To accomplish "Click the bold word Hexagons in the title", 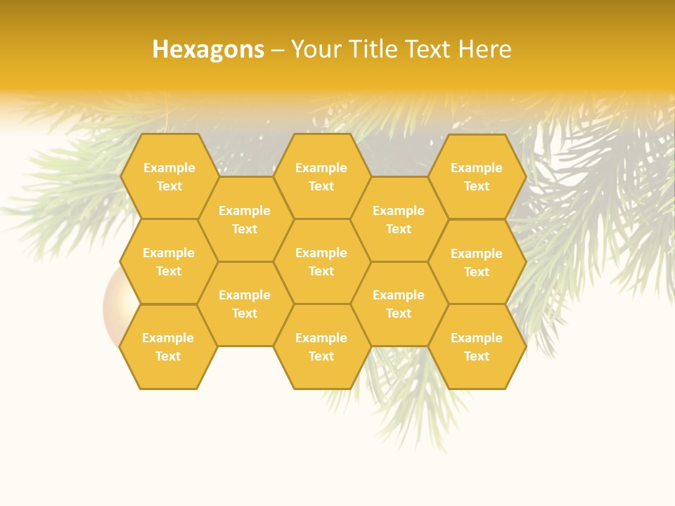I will [208, 49].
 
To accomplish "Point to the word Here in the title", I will [485, 49].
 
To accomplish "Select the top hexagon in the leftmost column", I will [169, 176].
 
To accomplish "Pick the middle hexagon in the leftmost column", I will [169, 261].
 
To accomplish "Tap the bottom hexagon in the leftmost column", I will [168, 346].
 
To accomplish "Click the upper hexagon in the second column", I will [245, 219].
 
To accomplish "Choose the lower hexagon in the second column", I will [245, 304].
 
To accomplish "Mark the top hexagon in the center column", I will [321, 176].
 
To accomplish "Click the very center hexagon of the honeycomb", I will [321, 261].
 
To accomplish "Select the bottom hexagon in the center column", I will [321, 346].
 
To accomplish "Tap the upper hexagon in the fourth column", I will [399, 219].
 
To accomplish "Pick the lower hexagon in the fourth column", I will [399, 304].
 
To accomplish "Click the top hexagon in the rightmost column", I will [477, 176].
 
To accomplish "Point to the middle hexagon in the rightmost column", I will [477, 262].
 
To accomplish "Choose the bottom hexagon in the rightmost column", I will [477, 346].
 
